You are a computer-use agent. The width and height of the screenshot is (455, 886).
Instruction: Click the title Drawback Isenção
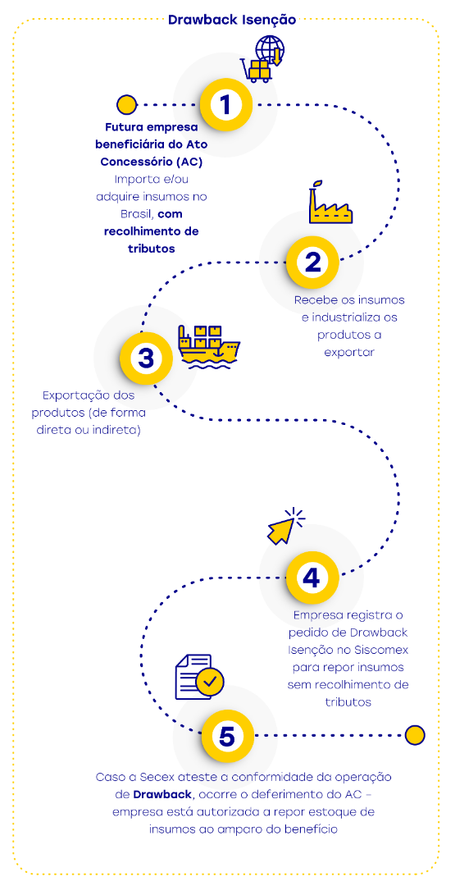[x=232, y=19]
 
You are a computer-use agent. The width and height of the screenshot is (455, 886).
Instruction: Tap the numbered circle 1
[x=226, y=105]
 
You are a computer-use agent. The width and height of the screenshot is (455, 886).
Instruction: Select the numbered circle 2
[x=312, y=262]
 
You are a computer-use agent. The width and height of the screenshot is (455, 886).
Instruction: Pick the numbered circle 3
[x=146, y=359]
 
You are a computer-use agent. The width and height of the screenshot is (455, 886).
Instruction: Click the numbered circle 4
[x=312, y=578]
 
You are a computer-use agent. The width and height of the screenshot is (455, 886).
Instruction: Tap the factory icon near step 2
[x=330, y=204]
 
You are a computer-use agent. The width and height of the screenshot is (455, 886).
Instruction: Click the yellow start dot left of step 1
[x=126, y=105]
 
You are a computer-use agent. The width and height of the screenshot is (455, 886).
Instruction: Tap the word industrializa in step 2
[x=352, y=317]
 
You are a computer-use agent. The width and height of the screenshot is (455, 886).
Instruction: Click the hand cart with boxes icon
[x=256, y=70]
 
